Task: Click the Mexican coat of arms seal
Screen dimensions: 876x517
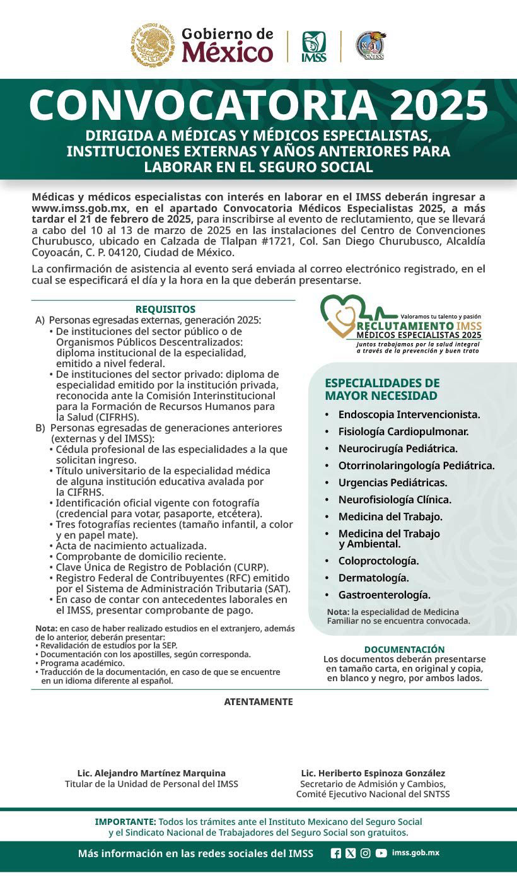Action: click(x=153, y=45)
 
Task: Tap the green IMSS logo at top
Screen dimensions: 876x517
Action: click(x=313, y=47)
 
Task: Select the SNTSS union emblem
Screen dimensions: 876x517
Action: click(x=370, y=46)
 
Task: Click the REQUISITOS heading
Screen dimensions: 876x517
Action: click(x=165, y=310)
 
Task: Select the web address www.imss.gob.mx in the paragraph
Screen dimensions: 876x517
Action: click(x=80, y=208)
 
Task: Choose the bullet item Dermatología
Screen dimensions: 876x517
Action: click(x=373, y=578)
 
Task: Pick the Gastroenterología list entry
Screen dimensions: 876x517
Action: click(x=384, y=595)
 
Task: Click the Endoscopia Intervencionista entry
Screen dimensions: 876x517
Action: click(x=409, y=414)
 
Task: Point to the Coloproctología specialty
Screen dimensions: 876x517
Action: click(x=378, y=561)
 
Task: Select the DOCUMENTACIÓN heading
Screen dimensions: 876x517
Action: click(x=404, y=649)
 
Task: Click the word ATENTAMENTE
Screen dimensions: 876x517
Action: click(x=258, y=702)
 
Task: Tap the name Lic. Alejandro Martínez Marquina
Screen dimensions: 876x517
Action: click(x=151, y=773)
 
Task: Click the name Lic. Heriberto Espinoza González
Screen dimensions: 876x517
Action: click(x=373, y=773)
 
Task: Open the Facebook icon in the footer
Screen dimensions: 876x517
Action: click(x=336, y=853)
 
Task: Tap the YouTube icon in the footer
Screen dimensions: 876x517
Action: click(x=381, y=853)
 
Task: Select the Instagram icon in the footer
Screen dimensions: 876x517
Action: click(x=366, y=853)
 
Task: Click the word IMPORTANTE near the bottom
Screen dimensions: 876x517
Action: click(x=125, y=822)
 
